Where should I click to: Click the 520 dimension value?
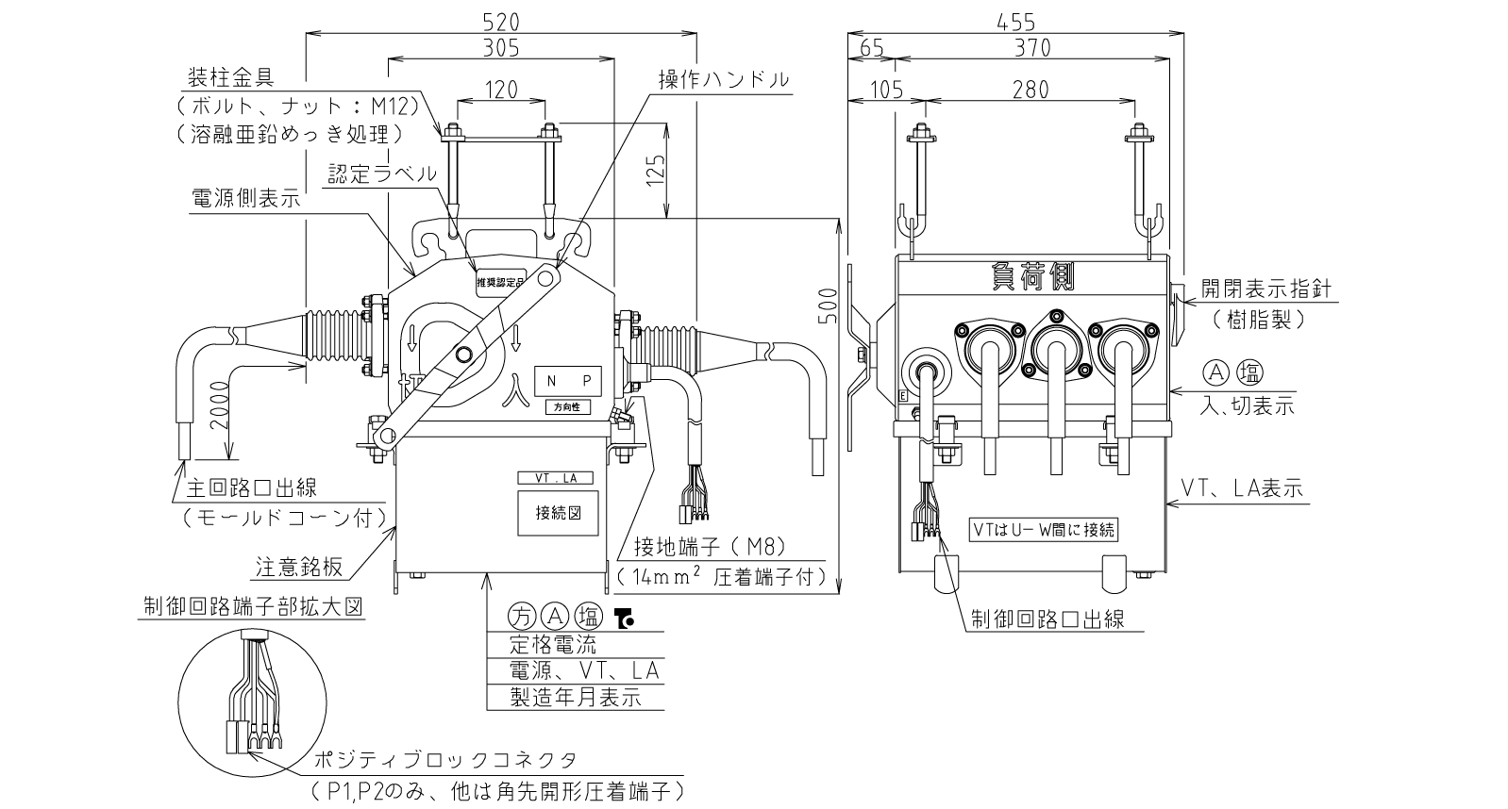pyautogui.click(x=500, y=21)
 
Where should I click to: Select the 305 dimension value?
pyautogui.click(x=500, y=46)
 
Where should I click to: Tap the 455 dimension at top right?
pyautogui.click(x=1015, y=21)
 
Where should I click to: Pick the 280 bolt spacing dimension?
pyautogui.click(x=1030, y=90)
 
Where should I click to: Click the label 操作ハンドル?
pyautogui.click(x=724, y=79)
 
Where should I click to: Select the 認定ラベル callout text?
pyautogui.click(x=382, y=173)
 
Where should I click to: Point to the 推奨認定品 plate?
pyautogui.click(x=500, y=281)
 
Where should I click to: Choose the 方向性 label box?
pyautogui.click(x=567, y=407)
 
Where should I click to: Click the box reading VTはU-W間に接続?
pyautogui.click(x=1044, y=529)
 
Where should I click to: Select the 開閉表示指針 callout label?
pyautogui.click(x=1266, y=289)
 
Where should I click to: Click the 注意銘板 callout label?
pyautogui.click(x=298, y=568)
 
